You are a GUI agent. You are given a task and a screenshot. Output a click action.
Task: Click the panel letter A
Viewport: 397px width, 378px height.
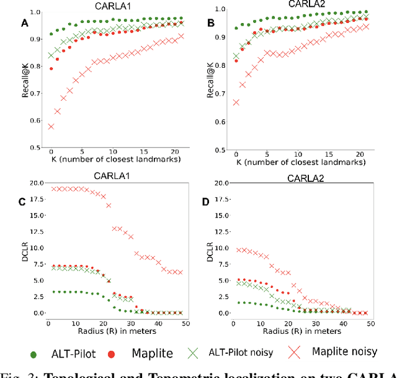pyautogui.click(x=25, y=24)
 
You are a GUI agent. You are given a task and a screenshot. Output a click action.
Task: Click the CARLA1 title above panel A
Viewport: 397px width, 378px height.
pyautogui.click(x=111, y=5)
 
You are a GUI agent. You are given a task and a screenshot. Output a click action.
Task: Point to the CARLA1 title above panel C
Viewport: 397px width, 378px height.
pyautogui.click(x=112, y=176)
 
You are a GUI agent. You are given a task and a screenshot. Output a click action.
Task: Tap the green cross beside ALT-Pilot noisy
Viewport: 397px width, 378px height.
pyautogui.click(x=196, y=352)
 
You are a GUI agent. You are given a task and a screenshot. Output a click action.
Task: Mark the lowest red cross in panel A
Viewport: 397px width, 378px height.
pyautogui.click(x=50, y=126)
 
